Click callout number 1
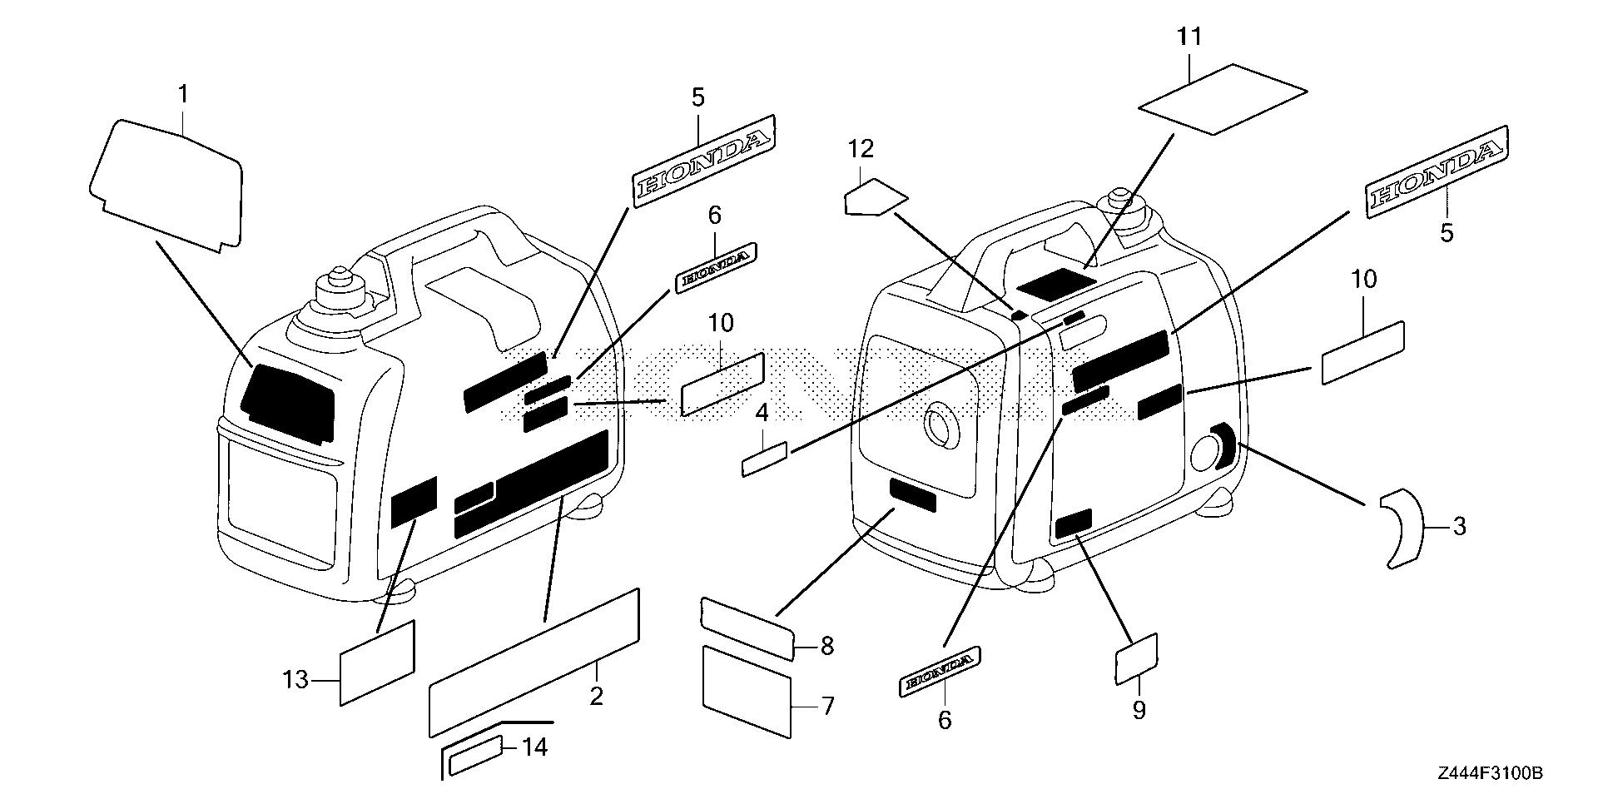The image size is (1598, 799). coord(183,95)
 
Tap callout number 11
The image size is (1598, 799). coord(1189,37)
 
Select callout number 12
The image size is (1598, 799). coord(861,149)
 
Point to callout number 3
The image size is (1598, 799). coord(1459,526)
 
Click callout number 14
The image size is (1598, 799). coord(534,747)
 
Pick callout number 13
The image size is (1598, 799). coord(295,680)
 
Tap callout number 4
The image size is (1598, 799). coord(761,413)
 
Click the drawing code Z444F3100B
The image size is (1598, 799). coord(1491,774)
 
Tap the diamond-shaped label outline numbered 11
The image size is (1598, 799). coord(1222,98)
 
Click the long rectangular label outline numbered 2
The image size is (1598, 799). coord(533,662)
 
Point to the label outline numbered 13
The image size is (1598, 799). coord(377,663)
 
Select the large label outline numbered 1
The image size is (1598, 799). coord(166,181)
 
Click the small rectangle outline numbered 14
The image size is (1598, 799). coord(475,756)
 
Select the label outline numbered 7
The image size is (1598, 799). coord(746,691)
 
